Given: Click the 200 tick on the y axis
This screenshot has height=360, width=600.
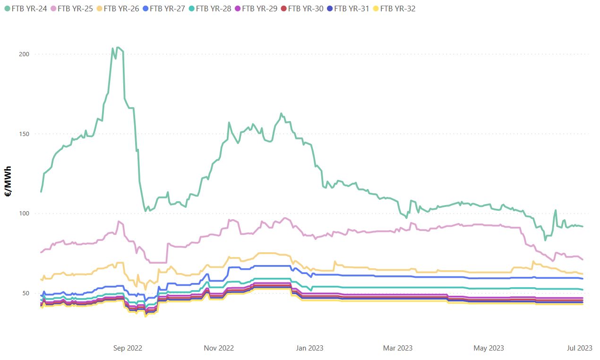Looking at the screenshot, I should coord(24,54).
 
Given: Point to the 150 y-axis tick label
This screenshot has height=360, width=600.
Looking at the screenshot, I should coord(24,134).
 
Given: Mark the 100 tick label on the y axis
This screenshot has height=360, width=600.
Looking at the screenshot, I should coord(24,213).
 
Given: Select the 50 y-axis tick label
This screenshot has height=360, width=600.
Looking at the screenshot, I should coord(26,293).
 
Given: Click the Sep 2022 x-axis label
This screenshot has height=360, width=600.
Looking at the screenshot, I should coord(128,348).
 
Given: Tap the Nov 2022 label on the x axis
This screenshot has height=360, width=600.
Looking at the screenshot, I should coord(219,348).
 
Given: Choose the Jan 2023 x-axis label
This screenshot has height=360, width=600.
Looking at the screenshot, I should coord(309,348).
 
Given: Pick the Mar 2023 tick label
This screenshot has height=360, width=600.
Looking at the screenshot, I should coord(398,348).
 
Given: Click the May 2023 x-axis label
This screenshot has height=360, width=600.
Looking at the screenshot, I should coord(489,348).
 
